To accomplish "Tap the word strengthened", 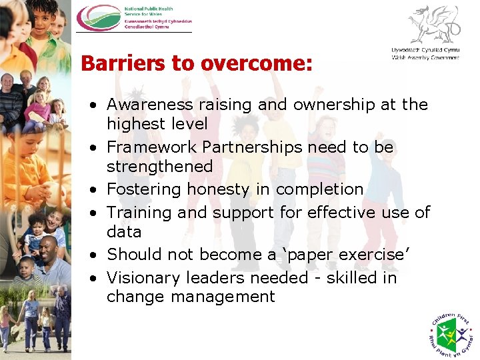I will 159,166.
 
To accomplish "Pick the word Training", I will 141,213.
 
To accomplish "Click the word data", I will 124,231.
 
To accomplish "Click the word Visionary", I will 141,277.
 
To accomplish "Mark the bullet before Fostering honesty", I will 97,190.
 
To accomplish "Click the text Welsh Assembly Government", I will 425,58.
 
